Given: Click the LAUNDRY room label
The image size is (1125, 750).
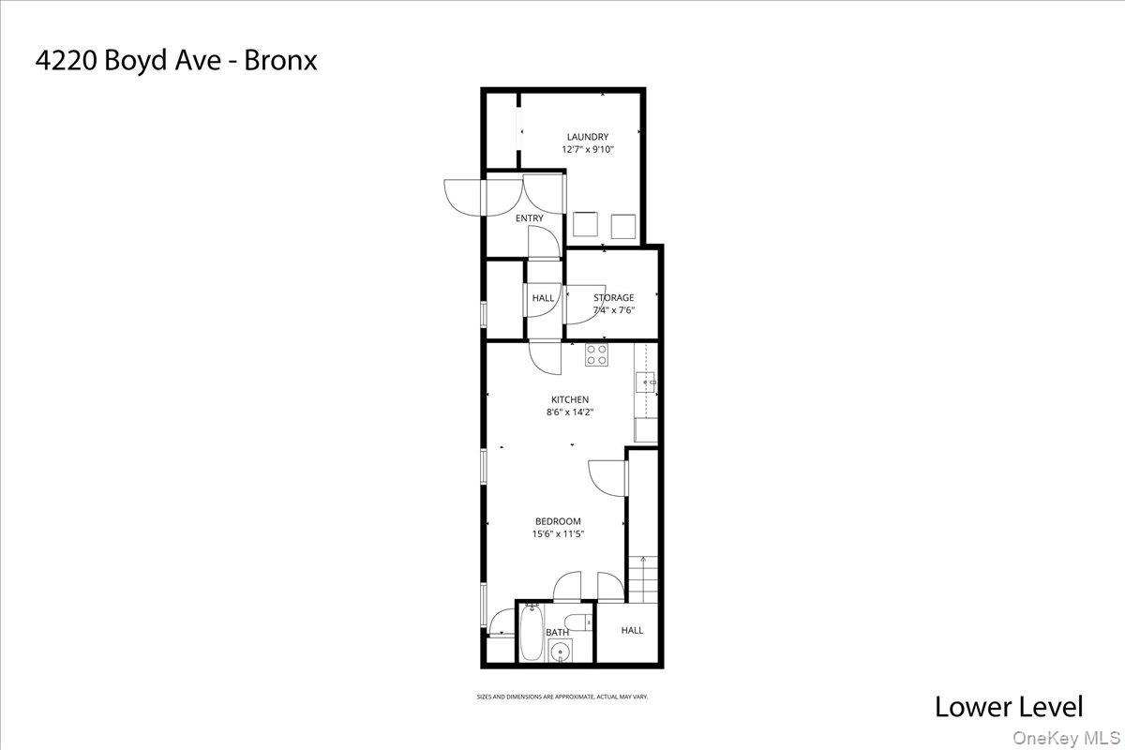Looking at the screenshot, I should point(587,137).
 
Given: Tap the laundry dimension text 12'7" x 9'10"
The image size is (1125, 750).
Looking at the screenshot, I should point(587,149).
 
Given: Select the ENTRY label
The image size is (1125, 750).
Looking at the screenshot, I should point(529,218).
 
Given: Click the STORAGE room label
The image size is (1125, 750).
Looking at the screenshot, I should point(613,298).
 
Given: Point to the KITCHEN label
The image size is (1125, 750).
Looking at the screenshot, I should point(569,399).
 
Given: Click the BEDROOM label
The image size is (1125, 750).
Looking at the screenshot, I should point(558,521).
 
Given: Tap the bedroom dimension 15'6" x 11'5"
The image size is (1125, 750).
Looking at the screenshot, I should point(558,533).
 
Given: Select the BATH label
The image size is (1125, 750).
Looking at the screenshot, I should point(557,632).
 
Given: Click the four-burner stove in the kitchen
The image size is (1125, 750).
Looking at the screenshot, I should point(597,354).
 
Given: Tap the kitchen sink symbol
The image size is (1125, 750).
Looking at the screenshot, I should point(646,382).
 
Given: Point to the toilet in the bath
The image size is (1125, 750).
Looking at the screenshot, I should point(583,620).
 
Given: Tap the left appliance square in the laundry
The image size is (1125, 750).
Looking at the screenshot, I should point(587,226).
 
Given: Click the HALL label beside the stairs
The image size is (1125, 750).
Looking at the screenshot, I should point(632,630).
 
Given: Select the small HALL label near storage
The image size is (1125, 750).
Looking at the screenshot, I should point(543,298).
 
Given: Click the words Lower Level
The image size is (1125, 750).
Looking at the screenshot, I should point(1009,707).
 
